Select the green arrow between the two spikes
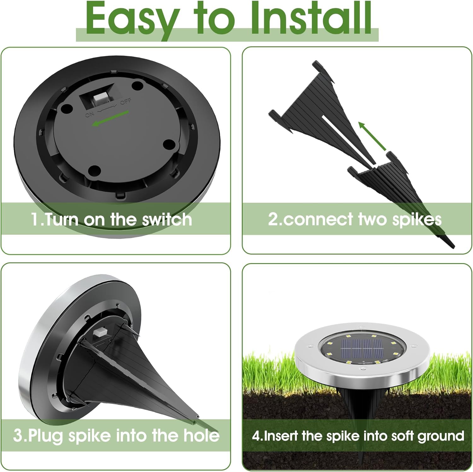373,136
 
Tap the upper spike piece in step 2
315,104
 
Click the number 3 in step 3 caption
18,436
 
